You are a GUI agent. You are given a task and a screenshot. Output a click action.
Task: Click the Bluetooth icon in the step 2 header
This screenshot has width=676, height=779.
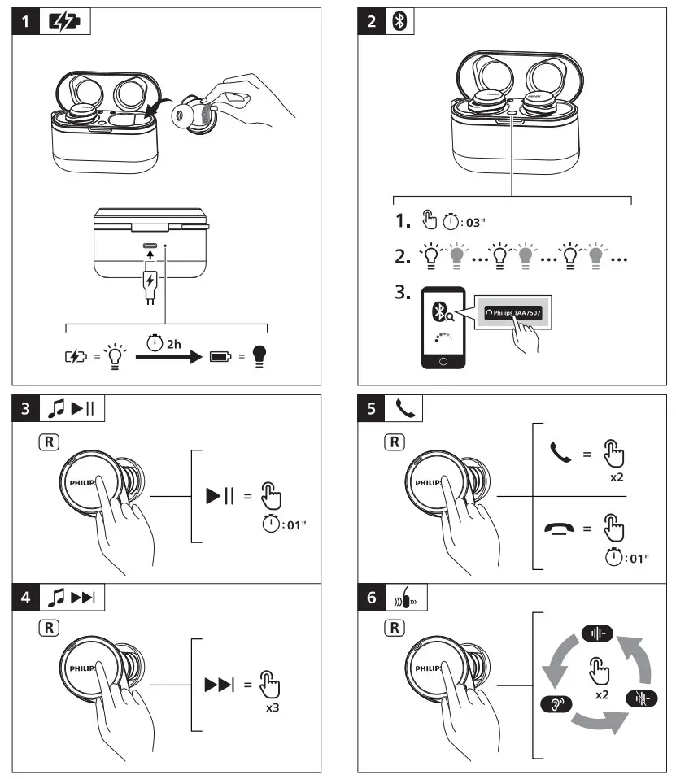point(397,22)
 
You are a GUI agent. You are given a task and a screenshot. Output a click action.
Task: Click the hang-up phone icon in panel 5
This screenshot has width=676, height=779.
point(560,530)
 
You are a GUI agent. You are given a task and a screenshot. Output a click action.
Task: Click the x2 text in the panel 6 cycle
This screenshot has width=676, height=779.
point(602,695)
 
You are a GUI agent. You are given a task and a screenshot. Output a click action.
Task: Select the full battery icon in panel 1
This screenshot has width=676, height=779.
point(220,355)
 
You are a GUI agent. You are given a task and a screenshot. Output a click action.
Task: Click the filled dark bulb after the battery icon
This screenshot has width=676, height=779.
point(259,355)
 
